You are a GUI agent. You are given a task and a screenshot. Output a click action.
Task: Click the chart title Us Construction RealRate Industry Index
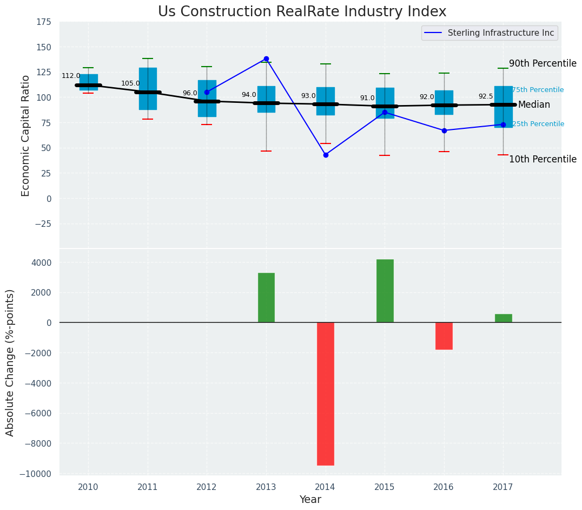click(302, 12)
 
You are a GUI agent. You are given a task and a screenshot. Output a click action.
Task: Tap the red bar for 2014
click(326, 394)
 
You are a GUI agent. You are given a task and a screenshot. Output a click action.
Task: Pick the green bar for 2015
click(385, 291)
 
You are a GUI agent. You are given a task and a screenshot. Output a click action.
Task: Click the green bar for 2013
click(266, 298)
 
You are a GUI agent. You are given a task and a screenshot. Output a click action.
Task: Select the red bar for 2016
click(444, 336)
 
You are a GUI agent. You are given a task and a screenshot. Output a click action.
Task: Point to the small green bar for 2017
click(503, 318)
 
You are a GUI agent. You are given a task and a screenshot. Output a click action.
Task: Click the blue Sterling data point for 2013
click(266, 58)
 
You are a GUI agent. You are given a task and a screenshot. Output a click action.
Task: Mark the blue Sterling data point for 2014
click(326, 155)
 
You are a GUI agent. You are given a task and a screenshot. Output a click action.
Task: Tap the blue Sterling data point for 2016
click(444, 130)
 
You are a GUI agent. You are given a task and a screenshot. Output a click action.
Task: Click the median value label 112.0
click(71, 76)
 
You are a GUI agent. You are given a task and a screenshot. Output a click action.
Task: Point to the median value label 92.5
click(486, 96)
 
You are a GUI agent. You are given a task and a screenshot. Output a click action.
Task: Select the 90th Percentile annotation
click(543, 63)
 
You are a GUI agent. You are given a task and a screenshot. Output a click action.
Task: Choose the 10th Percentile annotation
click(543, 159)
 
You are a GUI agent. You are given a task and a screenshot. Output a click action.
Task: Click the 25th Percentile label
click(538, 124)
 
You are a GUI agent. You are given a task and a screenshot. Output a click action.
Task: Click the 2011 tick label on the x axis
click(148, 487)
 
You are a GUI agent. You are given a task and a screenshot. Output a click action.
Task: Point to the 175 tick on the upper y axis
click(44, 22)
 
